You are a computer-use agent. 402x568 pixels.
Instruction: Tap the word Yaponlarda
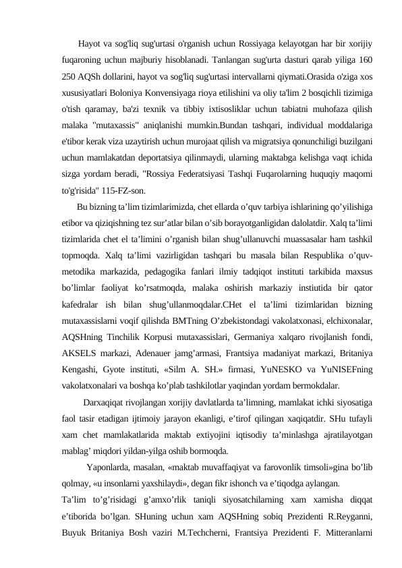click(x=111, y=467)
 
